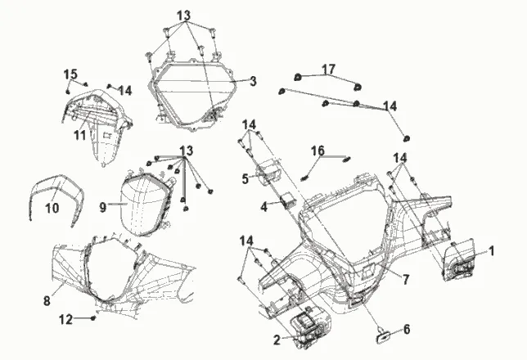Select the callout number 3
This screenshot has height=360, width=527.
pyautogui.click(x=254, y=81)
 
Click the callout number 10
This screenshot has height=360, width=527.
pyautogui.click(x=52, y=209)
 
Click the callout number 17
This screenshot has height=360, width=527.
pyautogui.click(x=328, y=70)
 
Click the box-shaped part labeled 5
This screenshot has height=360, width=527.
pyautogui.click(x=268, y=173)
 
